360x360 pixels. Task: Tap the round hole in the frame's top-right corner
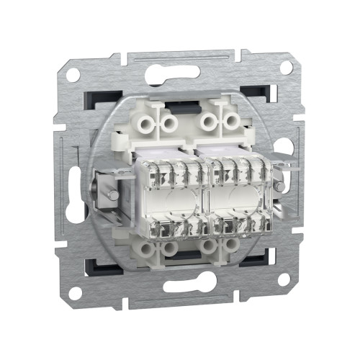tap(286, 67)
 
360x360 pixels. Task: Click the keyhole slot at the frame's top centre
tap(173, 72)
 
